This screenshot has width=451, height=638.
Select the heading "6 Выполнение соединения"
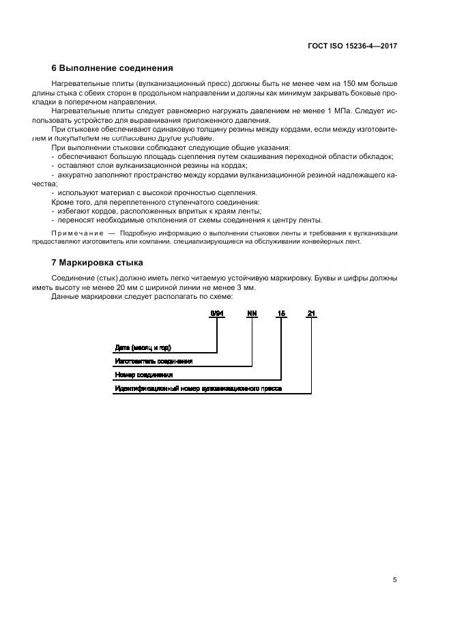coord(113,68)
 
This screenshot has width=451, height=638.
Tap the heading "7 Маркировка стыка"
coord(98,263)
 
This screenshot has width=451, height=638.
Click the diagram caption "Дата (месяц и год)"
coord(142,347)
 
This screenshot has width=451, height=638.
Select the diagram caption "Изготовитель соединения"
coord(154,361)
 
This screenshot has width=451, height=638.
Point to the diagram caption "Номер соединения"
coord(143,375)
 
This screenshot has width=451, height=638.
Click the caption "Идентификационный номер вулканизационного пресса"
coord(198,388)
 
